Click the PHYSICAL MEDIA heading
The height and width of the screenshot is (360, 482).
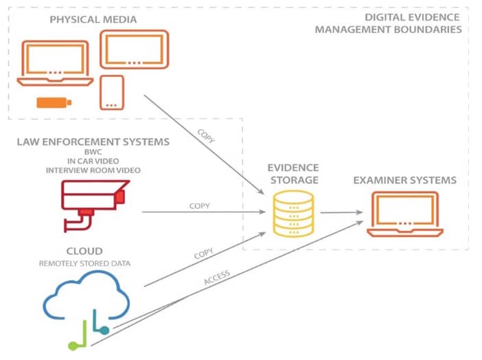tap(93, 19)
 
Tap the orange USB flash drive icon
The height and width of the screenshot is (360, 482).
tap(53, 103)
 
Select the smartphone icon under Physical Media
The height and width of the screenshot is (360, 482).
tap(111, 92)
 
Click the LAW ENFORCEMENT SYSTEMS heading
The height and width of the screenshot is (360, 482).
tap(94, 142)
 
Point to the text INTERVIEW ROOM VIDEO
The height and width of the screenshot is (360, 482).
tap(94, 170)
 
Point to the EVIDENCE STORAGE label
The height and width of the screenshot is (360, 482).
tap(293, 173)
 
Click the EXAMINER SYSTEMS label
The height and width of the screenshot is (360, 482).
tap(404, 180)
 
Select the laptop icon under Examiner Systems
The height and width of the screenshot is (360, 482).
tap(404, 214)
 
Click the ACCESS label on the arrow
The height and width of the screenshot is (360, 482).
tap(216, 279)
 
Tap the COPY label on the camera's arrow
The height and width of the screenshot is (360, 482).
tap(199, 205)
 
